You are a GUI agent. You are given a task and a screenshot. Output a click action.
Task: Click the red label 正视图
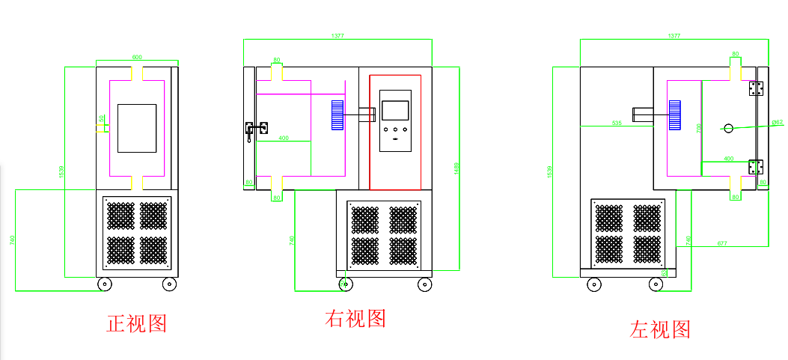pyautogui.click(x=136, y=323)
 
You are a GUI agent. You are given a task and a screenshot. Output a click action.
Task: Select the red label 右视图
pyautogui.click(x=355, y=318)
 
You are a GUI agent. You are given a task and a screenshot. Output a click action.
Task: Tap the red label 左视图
pyautogui.click(x=660, y=329)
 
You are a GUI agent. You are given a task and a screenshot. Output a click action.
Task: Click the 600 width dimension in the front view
pyautogui.click(x=137, y=57)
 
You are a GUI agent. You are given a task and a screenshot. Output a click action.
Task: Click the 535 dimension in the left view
pyautogui.click(x=616, y=123)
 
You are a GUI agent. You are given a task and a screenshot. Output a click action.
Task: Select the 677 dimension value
pyautogui.click(x=721, y=243)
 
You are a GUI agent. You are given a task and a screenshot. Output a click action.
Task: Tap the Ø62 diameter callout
pyautogui.click(x=778, y=123)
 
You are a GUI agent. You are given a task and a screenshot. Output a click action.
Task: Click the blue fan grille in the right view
pyautogui.click(x=338, y=115)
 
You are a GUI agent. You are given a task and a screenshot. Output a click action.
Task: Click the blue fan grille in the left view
pyautogui.click(x=676, y=115)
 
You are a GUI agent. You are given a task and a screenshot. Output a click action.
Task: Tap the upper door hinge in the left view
pyautogui.click(x=755, y=89)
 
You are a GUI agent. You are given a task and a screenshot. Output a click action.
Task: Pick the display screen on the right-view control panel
pyautogui.click(x=395, y=109)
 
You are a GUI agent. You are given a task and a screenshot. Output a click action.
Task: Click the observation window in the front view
pyautogui.click(x=137, y=128)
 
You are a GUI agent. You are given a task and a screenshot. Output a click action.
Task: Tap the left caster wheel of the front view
pyautogui.click(x=104, y=284)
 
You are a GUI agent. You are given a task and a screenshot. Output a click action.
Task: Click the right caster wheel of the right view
pyautogui.click(x=424, y=284)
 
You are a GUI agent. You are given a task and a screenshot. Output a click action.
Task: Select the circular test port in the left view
pyautogui.click(x=728, y=128)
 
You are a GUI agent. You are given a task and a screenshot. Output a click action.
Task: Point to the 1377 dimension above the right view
pyautogui.click(x=338, y=36)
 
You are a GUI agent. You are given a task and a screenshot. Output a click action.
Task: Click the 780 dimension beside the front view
pyautogui.click(x=11, y=240)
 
